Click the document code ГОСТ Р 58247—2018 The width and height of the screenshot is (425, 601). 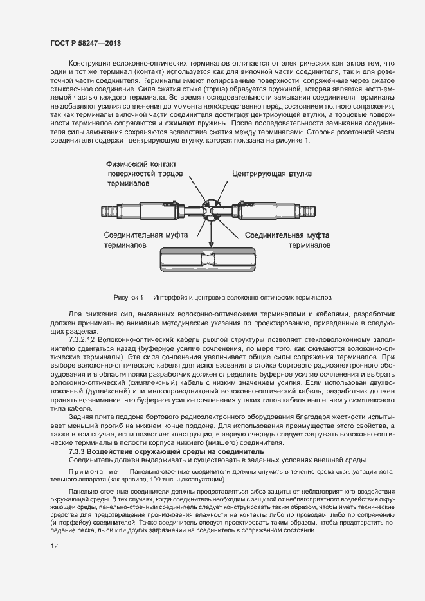coord(86,42)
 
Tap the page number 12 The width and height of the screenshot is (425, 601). coord(54,546)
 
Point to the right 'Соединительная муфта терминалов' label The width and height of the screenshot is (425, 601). coord(288,240)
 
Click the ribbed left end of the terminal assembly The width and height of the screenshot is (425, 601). coord(105,210)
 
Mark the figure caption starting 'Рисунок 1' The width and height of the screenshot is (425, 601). coord(222,298)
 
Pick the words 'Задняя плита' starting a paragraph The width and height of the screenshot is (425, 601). coord(89,417)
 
